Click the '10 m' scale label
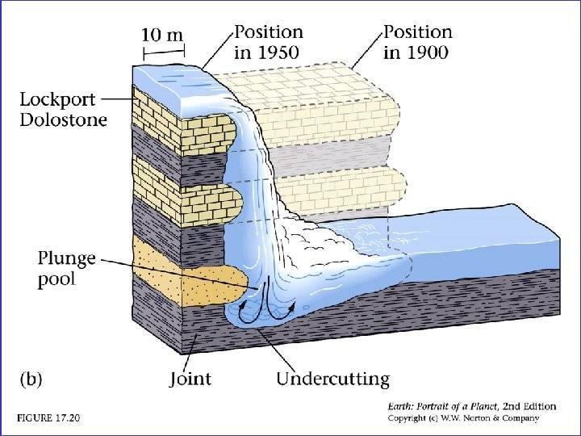pos(163,35)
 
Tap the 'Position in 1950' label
pos(269,41)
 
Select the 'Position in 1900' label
pos(417,41)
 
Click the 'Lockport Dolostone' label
pos(63,109)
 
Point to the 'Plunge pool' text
pos(66,268)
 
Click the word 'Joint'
pos(191,378)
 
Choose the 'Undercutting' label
pos(332,378)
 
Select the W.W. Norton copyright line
pos(462,418)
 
